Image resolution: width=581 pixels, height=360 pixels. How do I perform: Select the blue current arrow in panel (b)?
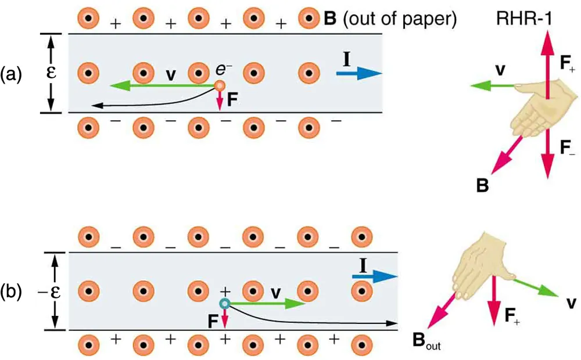pos(375,277)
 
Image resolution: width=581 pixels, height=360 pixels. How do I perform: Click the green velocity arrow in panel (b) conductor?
pos(267,303)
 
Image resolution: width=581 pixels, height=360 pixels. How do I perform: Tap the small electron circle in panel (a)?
pos(220,86)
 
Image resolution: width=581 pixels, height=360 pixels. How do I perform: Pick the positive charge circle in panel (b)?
pos(224,303)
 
